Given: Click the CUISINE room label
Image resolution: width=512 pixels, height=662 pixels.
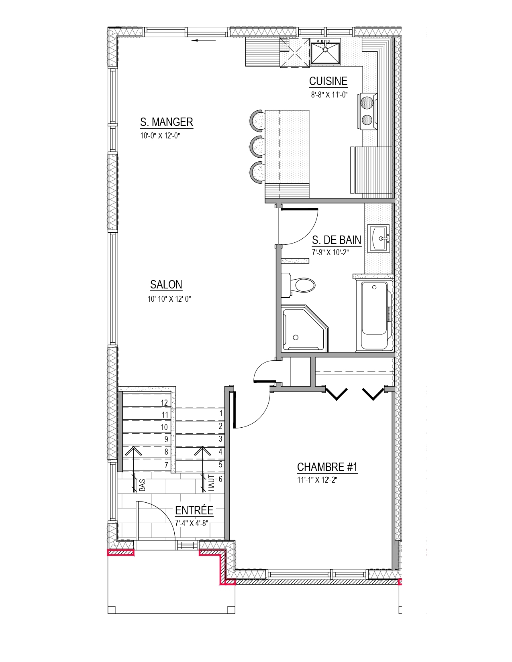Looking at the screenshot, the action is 328,81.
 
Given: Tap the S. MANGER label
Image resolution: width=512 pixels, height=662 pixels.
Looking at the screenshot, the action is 167,122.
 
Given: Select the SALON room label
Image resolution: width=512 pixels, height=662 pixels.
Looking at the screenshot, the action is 166,284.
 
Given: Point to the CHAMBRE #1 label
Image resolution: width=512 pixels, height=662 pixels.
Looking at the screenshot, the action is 327,467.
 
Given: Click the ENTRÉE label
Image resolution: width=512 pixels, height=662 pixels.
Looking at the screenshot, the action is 194,510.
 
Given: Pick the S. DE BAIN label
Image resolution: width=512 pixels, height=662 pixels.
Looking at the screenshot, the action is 337,240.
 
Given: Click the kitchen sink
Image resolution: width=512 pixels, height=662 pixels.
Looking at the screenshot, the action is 325,53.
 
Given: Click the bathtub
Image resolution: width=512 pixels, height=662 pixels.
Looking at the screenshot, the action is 374,315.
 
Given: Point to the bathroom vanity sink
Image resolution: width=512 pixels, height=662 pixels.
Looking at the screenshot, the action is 378,239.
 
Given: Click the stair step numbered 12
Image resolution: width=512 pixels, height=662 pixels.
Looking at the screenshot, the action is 164,403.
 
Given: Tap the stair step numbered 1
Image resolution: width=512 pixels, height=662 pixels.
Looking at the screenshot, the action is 221,413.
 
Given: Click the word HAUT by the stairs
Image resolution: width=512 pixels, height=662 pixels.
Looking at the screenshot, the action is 211,483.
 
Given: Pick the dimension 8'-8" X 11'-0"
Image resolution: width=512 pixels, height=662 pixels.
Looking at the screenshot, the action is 329,95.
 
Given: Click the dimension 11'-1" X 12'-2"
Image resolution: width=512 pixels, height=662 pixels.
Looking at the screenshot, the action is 317,480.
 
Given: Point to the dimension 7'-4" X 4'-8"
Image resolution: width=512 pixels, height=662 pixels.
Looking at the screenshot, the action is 192,524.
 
